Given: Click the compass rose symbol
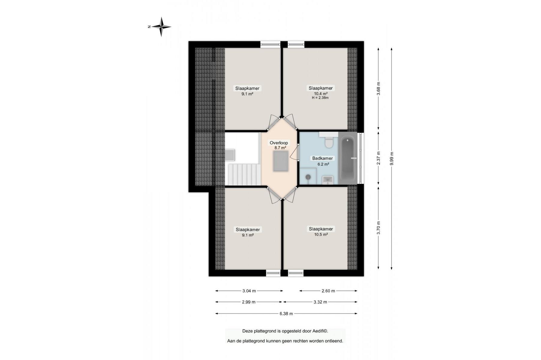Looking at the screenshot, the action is [x=161, y=27].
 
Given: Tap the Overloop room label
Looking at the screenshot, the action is [x=279, y=143].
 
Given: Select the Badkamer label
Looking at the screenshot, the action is [x=323, y=158].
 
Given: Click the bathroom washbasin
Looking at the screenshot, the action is [x=328, y=180].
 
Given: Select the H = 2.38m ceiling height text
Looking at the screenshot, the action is [x=320, y=98].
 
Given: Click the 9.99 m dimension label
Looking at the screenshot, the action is [x=392, y=158].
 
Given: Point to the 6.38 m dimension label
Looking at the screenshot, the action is [x=286, y=314].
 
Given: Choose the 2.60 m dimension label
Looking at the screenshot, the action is [x=328, y=291].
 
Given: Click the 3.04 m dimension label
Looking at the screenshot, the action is [x=249, y=291].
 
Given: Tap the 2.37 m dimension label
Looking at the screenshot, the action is [x=378, y=158].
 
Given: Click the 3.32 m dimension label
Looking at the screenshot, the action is [x=320, y=302].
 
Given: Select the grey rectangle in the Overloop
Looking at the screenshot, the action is [x=281, y=161].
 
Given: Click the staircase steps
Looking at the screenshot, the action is [x=243, y=174].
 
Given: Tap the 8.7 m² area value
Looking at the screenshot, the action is [x=280, y=148].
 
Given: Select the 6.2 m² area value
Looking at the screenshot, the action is [x=323, y=164].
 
